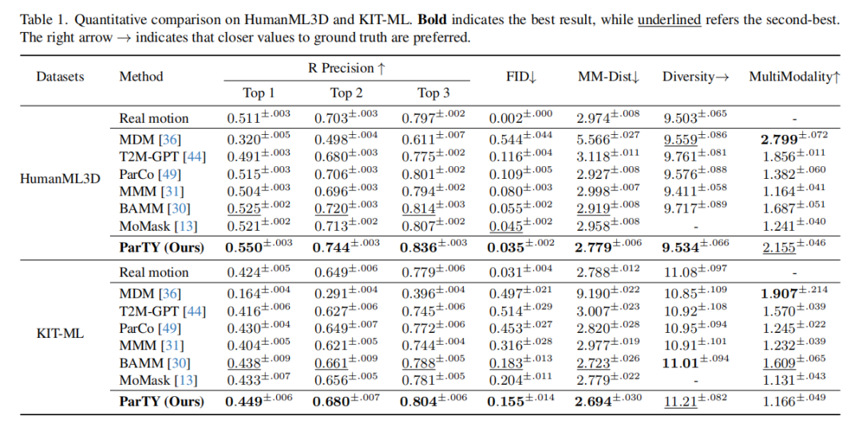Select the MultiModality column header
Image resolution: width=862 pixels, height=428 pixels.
[794, 77]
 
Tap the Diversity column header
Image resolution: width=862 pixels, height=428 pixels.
[695, 77]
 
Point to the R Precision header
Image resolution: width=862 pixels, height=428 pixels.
[346, 69]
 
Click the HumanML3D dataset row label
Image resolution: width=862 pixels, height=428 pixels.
[61, 178]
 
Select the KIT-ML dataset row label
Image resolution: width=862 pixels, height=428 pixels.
[61, 333]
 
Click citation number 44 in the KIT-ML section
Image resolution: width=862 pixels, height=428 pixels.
[195, 311]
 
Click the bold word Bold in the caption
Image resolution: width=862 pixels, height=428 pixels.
[433, 21]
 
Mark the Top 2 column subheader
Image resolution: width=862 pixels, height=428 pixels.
[346, 93]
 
